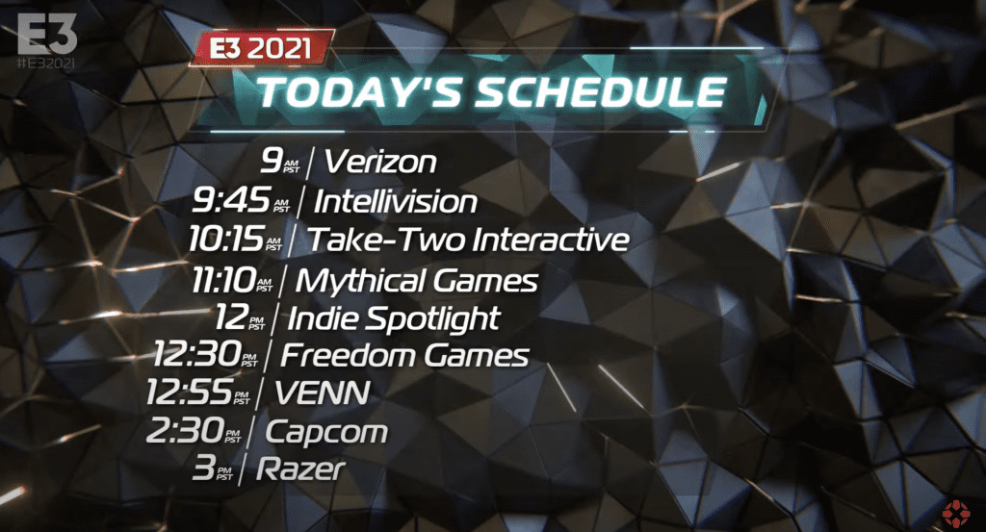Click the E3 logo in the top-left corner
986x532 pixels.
pyautogui.click(x=47, y=34)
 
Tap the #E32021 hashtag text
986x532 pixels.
pyautogui.click(x=46, y=63)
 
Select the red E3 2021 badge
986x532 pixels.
pyautogui.click(x=261, y=48)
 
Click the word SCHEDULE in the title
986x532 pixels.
pyautogui.click(x=601, y=92)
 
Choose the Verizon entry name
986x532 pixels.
pyautogui.click(x=379, y=162)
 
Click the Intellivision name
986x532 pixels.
pyautogui.click(x=395, y=202)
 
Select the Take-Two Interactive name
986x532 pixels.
pyautogui.click(x=468, y=240)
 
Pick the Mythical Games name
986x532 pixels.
pyautogui.click(x=416, y=280)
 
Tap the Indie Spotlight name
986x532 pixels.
pyautogui.click(x=393, y=318)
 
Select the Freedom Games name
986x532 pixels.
pyautogui.click(x=404, y=355)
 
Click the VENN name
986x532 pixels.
pyautogui.click(x=322, y=393)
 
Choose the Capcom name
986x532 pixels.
pyautogui.click(x=326, y=432)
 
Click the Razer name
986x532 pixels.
pyautogui.click(x=300, y=469)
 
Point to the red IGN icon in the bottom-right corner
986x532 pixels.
pyautogui.click(x=956, y=513)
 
